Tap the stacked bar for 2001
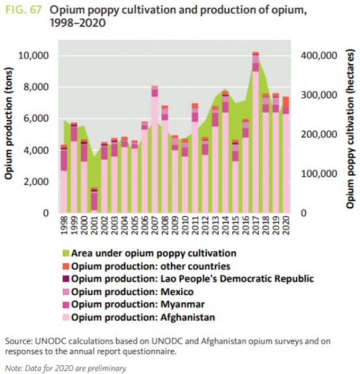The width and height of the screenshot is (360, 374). coord(94,200)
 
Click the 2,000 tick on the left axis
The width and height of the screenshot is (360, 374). coord(38,182)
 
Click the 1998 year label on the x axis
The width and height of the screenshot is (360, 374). coord(64,227)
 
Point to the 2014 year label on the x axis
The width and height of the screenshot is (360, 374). coord(225,227)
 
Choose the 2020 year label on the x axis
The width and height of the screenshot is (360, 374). coord(286,227)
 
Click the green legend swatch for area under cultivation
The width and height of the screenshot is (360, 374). coord(65,254)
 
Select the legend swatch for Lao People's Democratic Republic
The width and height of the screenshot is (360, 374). coord(65,279)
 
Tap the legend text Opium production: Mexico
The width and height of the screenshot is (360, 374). coord(132,292)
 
